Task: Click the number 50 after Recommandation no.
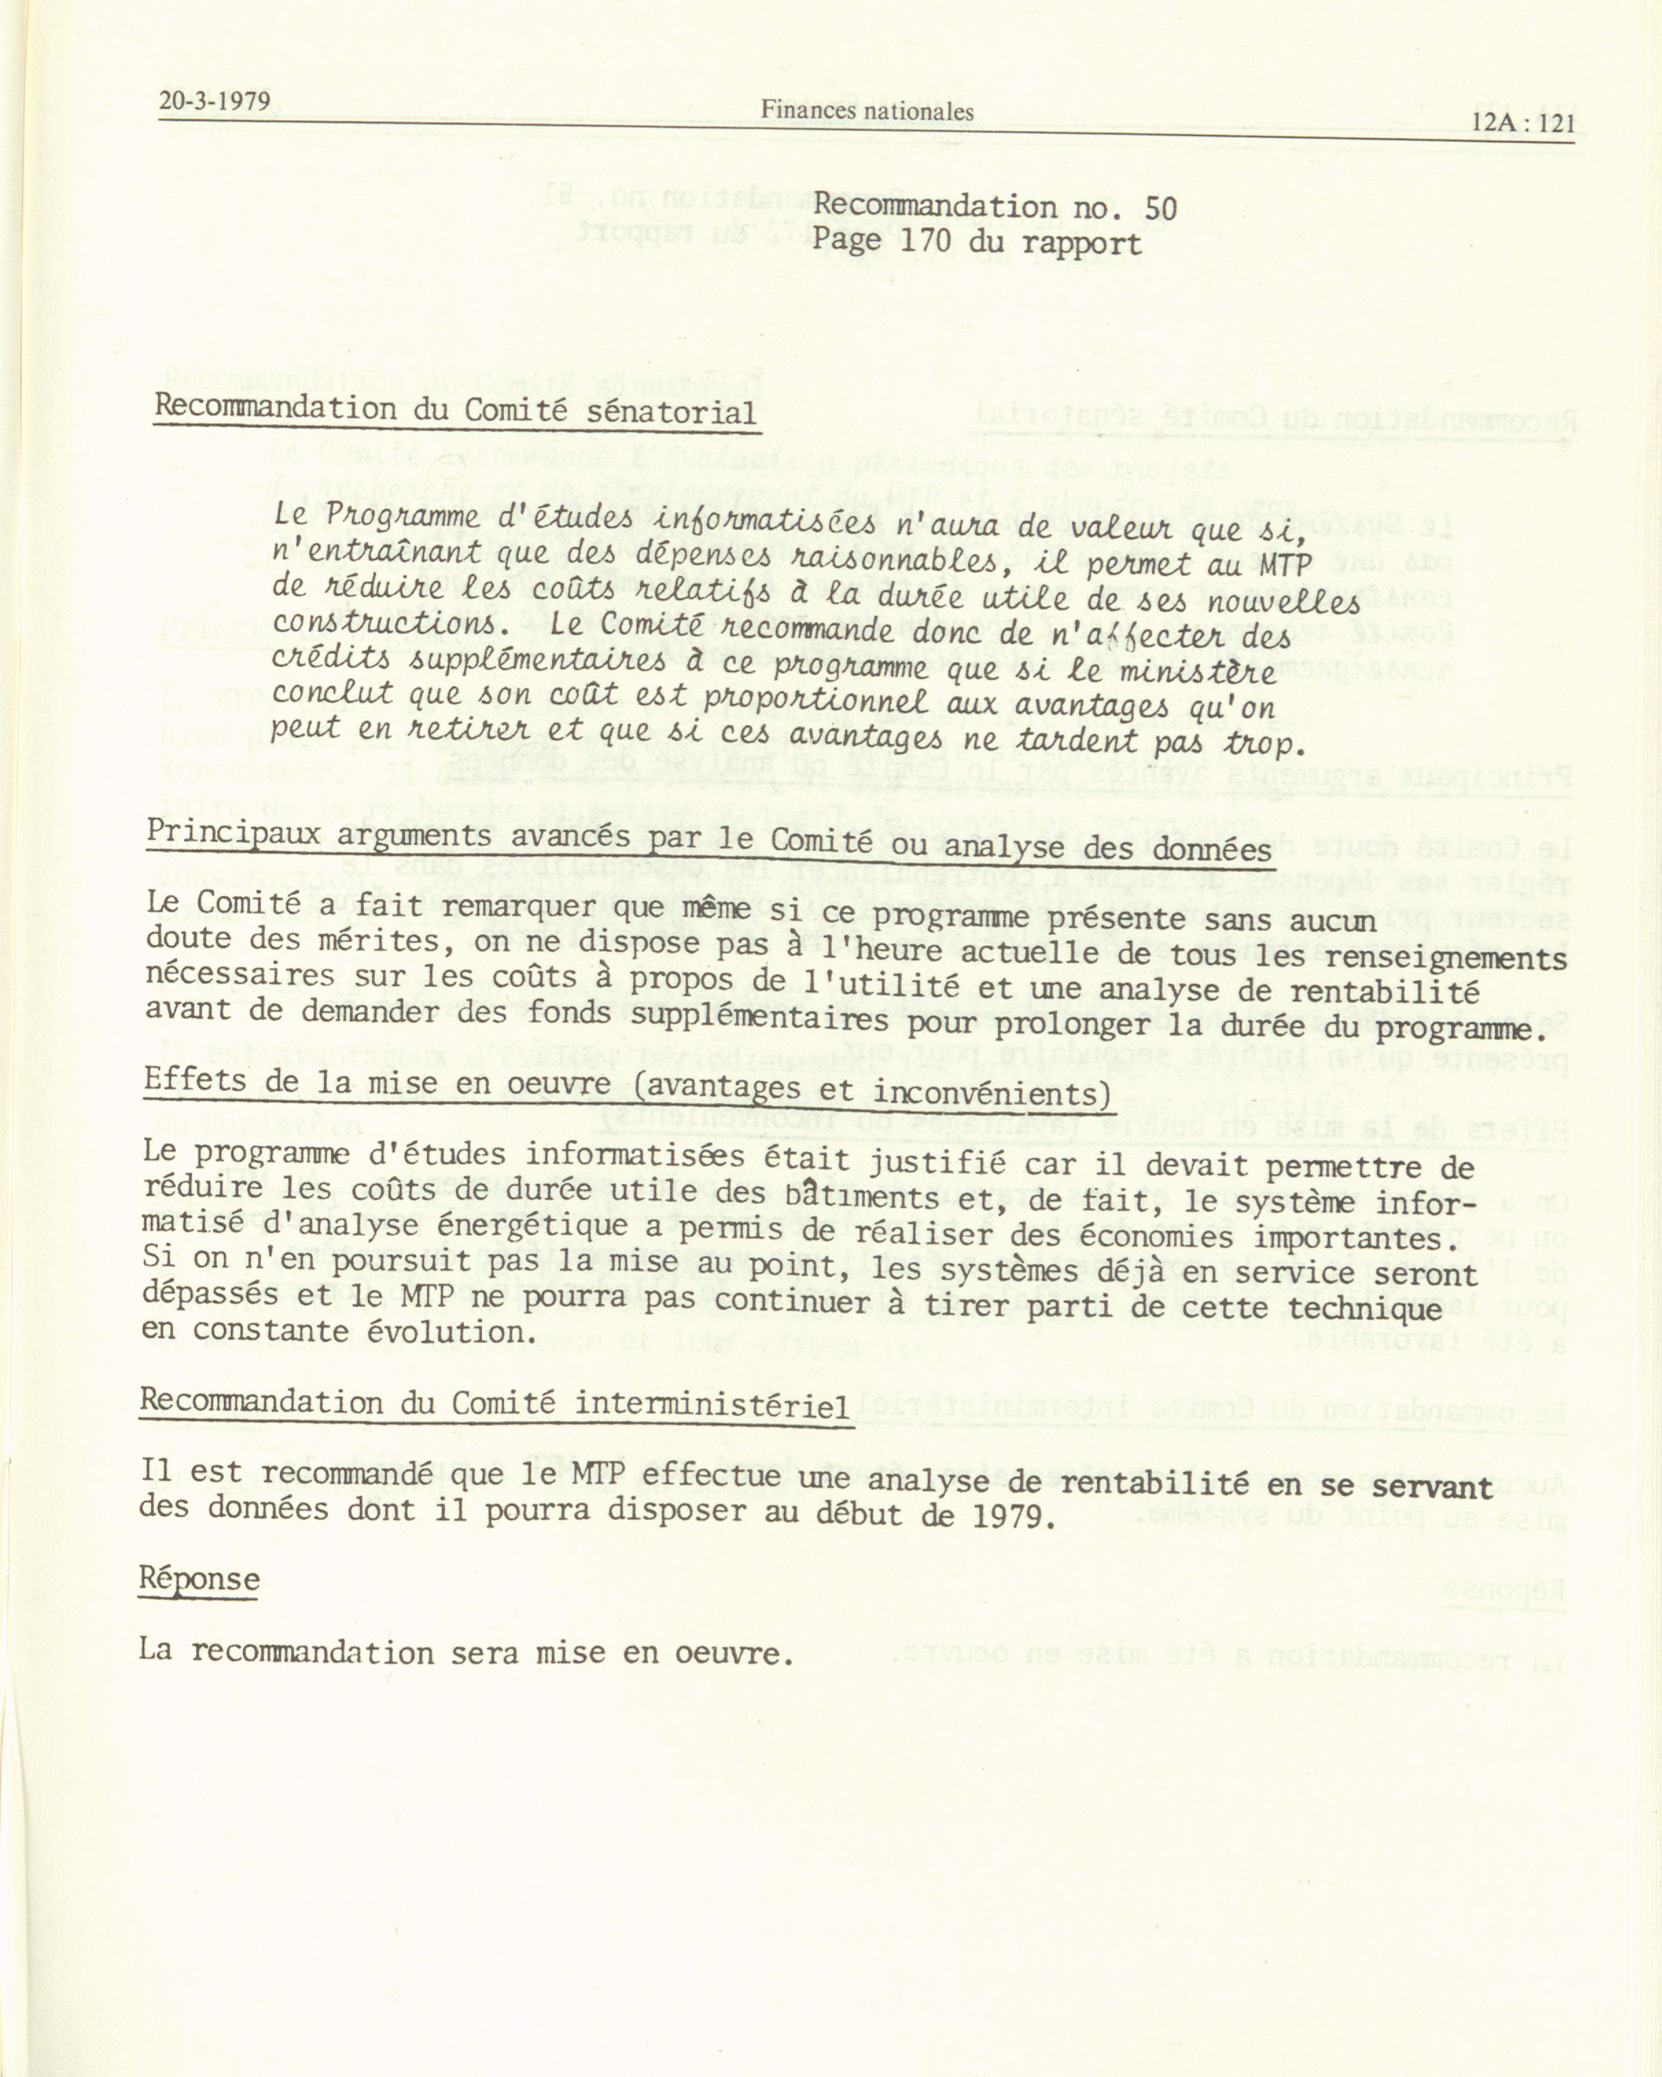point(1147,208)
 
